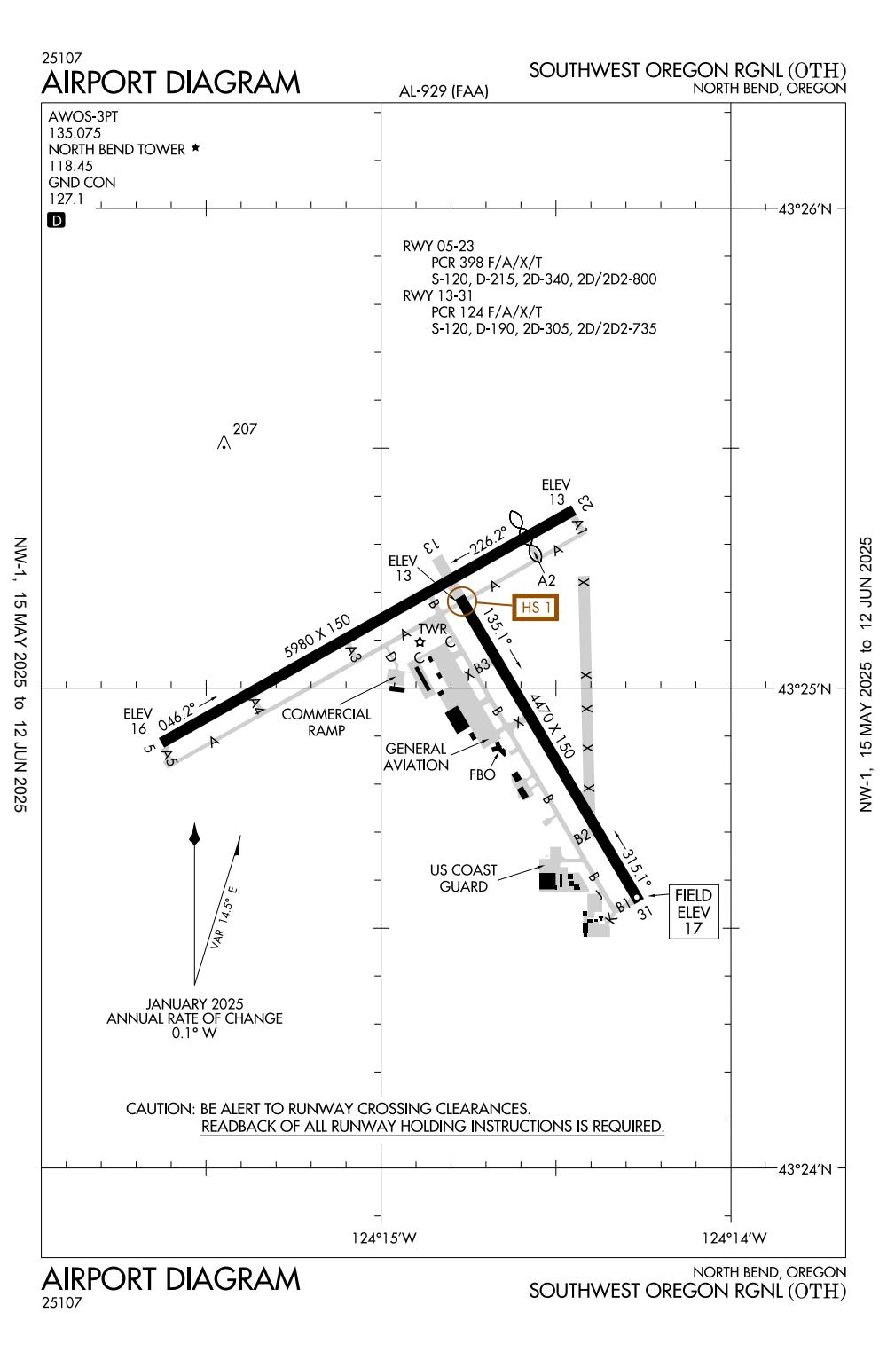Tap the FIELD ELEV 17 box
coord(693,912)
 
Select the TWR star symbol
coord(420,642)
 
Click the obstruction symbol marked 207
coord(224,442)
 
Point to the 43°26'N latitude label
coord(805,209)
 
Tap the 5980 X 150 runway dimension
coord(318,636)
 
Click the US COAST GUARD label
coord(463,878)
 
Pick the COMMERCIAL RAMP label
coord(326,722)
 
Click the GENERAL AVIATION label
coord(416,757)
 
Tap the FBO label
coord(483,774)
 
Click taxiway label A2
coord(547,580)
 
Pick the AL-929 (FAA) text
coord(444,91)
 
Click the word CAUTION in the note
coord(160,1109)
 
